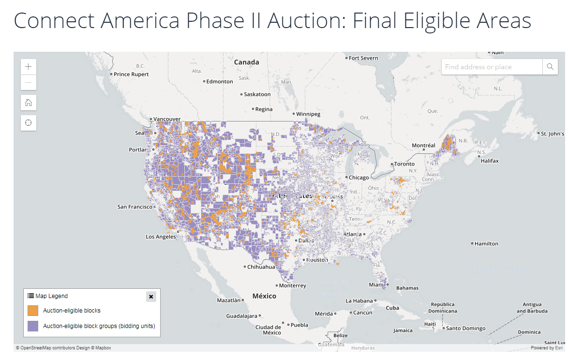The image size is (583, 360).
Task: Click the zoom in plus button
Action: click(29, 67)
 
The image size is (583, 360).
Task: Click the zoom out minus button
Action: click(29, 82)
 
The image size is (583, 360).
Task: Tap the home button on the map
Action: click(29, 103)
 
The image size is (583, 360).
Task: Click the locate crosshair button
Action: click(29, 123)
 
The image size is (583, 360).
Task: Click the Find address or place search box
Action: click(492, 67)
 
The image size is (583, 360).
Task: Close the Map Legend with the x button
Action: click(151, 297)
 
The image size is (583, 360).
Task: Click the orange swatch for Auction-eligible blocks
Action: click(33, 311)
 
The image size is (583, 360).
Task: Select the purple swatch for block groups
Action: click(33, 326)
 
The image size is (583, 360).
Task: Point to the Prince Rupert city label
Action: click(131, 75)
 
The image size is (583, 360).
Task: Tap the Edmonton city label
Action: click(220, 82)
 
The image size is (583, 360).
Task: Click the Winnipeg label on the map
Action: click(308, 114)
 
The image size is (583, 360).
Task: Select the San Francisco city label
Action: click(135, 207)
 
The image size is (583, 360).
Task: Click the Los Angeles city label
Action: click(161, 237)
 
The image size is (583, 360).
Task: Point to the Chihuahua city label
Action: click(261, 267)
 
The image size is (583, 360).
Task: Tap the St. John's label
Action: click(553, 134)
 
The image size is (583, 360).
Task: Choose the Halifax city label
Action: click(490, 161)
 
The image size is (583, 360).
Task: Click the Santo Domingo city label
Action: click(465, 329)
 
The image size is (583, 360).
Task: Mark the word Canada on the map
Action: click(246, 62)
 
